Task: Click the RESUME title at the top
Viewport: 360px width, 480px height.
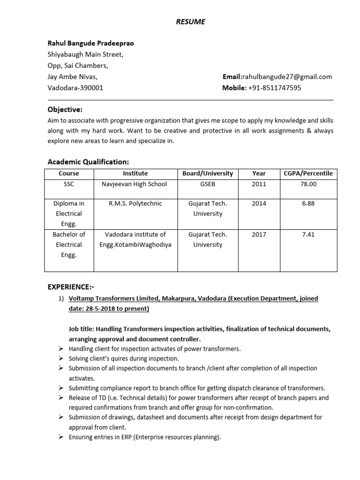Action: pos(190,22)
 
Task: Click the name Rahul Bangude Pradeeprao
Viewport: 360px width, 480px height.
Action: pos(90,43)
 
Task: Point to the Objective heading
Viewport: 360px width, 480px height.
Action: pos(65,110)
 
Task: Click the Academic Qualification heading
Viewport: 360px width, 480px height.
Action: pos(88,162)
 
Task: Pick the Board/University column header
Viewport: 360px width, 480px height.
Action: pos(208,173)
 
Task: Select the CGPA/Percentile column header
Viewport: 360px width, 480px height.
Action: pos(308,173)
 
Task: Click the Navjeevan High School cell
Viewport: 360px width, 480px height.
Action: pos(134,184)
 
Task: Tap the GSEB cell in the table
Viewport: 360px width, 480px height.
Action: pos(208,184)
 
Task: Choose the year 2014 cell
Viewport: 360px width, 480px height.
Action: pos(258,203)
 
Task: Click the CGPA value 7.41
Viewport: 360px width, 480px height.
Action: pos(308,234)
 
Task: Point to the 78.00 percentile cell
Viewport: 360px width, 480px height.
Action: pos(308,184)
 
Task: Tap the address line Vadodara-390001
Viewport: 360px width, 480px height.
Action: pos(75,88)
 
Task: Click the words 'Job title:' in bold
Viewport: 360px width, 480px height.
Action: pos(82,329)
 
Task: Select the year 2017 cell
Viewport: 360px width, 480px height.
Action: pos(258,234)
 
